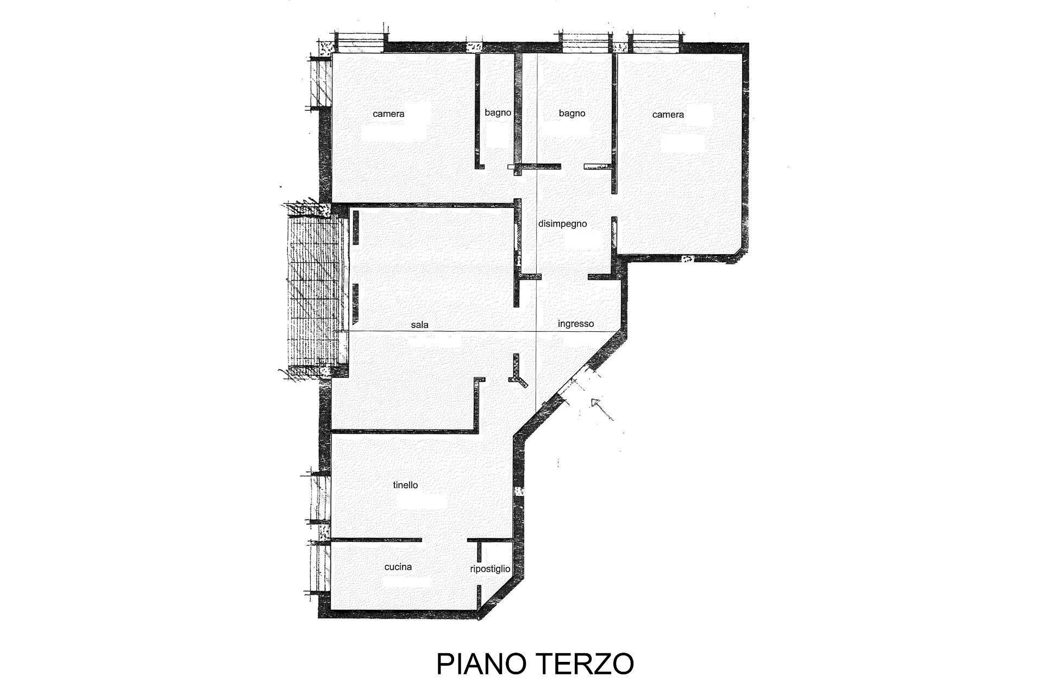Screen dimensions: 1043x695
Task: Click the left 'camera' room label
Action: pyautogui.click(x=388, y=114)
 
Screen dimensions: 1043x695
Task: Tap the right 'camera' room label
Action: pyautogui.click(x=668, y=115)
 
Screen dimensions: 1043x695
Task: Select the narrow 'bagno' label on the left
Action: pyautogui.click(x=498, y=113)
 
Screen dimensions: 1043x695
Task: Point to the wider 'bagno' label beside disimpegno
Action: pyautogui.click(x=572, y=113)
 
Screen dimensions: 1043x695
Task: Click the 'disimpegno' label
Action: pyautogui.click(x=562, y=224)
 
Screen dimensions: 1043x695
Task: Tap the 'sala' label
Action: pyautogui.click(x=420, y=325)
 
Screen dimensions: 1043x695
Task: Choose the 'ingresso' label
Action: pyautogui.click(x=576, y=324)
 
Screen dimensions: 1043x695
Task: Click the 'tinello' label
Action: pyautogui.click(x=406, y=485)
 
